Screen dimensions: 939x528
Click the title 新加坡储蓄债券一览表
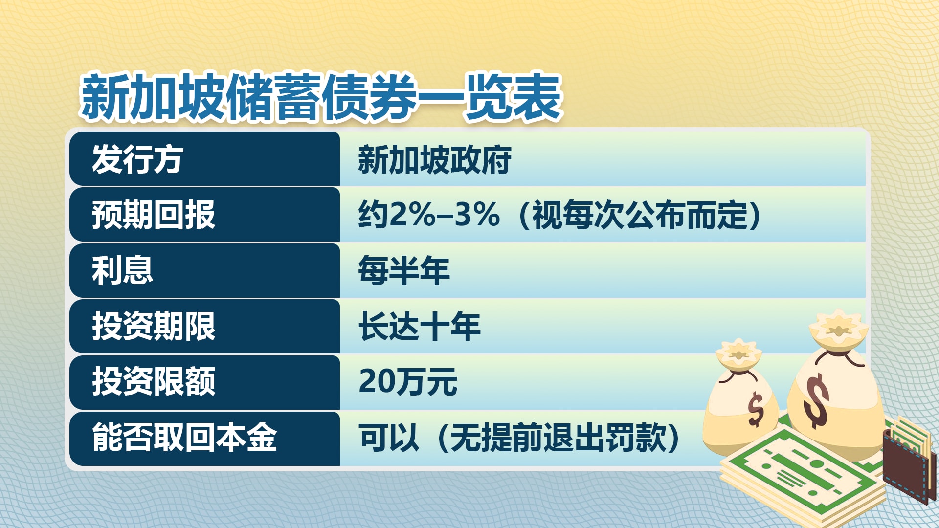(321, 97)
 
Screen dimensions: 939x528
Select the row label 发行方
(137, 159)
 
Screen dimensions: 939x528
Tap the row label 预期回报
(154, 215)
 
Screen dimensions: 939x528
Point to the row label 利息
(122, 270)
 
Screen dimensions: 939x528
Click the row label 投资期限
(154, 326)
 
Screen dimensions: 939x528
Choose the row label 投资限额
(154, 382)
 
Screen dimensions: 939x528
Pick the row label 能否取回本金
(184, 438)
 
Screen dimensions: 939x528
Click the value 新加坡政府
(435, 160)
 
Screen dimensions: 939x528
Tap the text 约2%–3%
(429, 215)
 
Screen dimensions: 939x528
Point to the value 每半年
(404, 270)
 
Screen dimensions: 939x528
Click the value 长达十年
(420, 326)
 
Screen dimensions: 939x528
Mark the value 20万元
(408, 382)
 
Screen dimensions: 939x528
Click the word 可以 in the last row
(389, 438)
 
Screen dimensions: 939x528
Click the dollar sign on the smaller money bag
(756, 409)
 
